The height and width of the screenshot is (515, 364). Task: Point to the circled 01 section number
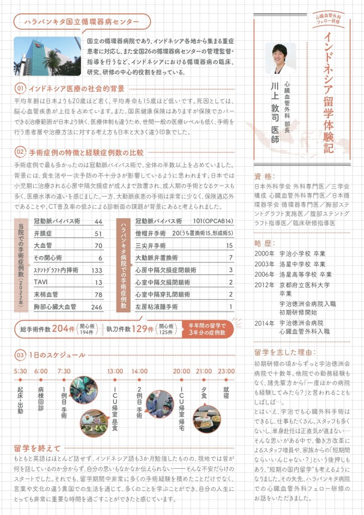20,89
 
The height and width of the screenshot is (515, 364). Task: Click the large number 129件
142,328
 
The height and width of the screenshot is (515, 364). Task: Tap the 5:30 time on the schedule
20,371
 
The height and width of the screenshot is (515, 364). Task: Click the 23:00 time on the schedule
226,371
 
